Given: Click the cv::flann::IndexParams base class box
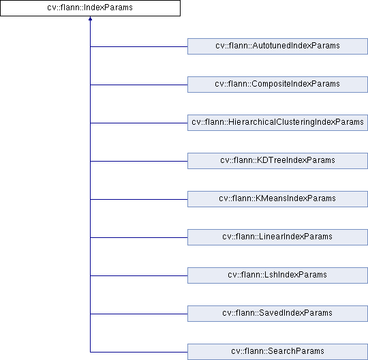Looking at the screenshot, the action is pyautogui.click(x=90, y=8).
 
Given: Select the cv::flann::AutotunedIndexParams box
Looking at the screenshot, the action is pyautogui.click(x=277, y=46).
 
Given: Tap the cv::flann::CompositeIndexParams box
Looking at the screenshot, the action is pyautogui.click(x=277, y=85).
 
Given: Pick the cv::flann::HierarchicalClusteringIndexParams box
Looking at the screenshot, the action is pyautogui.click(x=277, y=123).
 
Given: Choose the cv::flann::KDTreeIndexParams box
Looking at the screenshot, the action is pyautogui.click(x=277, y=161).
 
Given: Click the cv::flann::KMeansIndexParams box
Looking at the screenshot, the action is pyautogui.click(x=277, y=199).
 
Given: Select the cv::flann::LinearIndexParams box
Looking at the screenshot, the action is pyautogui.click(x=277, y=237).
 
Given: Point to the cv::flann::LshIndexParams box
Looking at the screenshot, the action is pyautogui.click(x=277, y=275).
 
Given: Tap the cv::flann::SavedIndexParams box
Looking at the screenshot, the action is pyautogui.click(x=277, y=314).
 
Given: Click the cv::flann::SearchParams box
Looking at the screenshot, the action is pyautogui.click(x=277, y=352).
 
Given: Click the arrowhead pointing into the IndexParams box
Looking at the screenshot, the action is pyautogui.click(x=90, y=18).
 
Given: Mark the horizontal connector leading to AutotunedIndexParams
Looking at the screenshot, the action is pyautogui.click(x=139, y=46).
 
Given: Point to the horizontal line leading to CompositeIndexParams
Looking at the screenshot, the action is pyautogui.click(x=139, y=85).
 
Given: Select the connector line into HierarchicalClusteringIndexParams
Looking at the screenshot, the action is pyautogui.click(x=139, y=123).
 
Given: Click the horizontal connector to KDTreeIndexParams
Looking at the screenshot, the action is pyautogui.click(x=139, y=161).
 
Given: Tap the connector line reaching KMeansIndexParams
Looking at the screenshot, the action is pyautogui.click(x=139, y=199).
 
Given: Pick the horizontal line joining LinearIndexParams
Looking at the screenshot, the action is pyautogui.click(x=139, y=237).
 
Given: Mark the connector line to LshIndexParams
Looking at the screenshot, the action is pyautogui.click(x=139, y=275).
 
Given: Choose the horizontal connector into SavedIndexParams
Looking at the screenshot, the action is pyautogui.click(x=139, y=314).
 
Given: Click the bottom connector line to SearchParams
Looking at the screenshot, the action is pyautogui.click(x=139, y=352).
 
